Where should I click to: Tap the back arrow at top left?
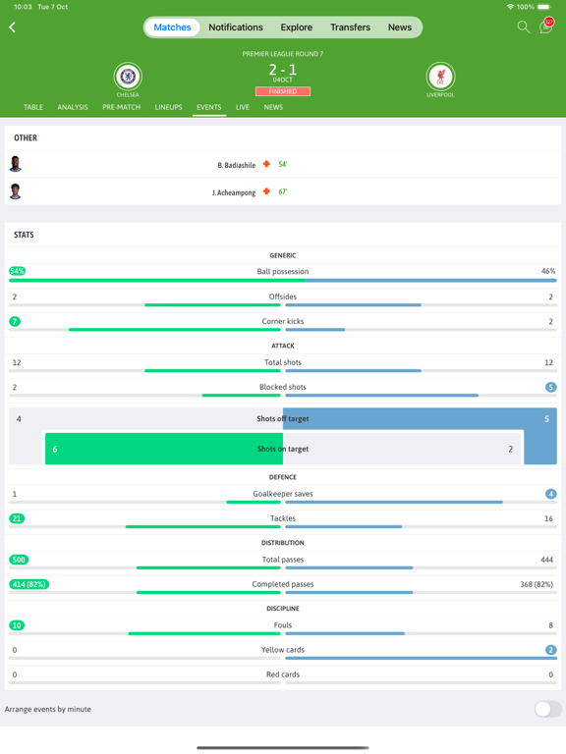(13, 27)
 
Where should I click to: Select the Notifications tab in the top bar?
(236, 27)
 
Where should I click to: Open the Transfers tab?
(350, 27)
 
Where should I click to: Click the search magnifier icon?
(524, 27)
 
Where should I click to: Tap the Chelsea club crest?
(128, 77)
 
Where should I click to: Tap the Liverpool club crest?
(440, 77)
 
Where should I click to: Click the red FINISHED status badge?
(283, 91)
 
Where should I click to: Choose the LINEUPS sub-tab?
(168, 107)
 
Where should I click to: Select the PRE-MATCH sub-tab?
(122, 107)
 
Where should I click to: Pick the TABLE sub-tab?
(33, 107)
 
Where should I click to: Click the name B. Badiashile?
(237, 165)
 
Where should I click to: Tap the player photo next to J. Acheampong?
(16, 191)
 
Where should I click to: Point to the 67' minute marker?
(283, 191)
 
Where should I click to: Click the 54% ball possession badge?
(18, 271)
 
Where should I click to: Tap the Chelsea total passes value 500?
(19, 560)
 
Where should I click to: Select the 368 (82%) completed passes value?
(537, 584)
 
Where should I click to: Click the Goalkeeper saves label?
(283, 494)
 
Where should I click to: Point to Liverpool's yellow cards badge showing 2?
(550, 650)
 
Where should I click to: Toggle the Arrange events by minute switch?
(547, 709)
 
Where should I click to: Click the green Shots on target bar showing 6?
(147, 449)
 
